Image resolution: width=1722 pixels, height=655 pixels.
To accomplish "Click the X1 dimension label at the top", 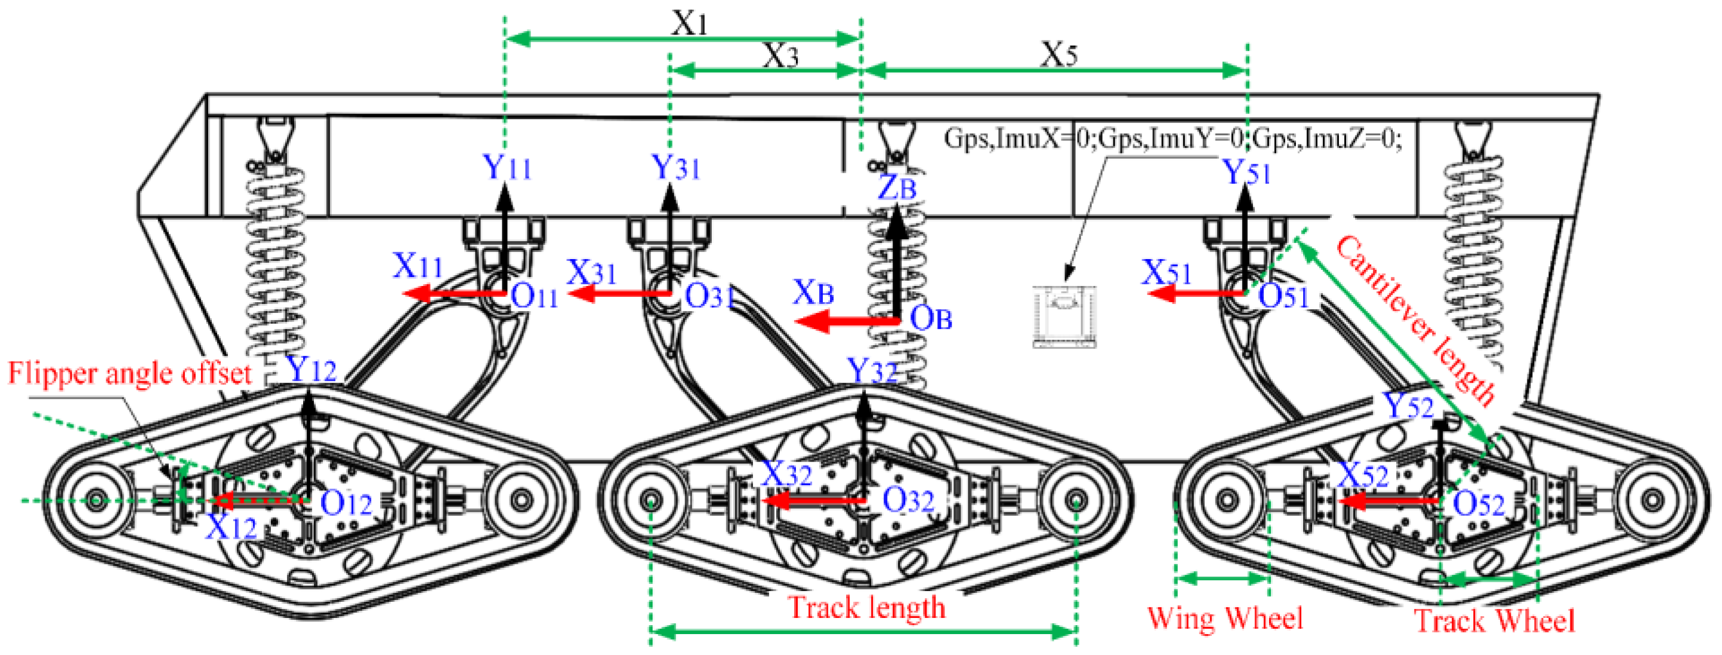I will (x=689, y=23).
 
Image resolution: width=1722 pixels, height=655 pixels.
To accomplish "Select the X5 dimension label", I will (x=1059, y=55).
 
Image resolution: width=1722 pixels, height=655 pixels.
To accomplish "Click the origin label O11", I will (x=534, y=296).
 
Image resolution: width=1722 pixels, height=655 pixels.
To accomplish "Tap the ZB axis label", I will (x=896, y=188).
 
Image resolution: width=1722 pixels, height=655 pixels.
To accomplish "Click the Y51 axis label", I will (x=1246, y=173).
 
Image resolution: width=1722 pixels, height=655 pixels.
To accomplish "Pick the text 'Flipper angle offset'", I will (x=129, y=373).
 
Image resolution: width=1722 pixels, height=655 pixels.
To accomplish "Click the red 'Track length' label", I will (x=867, y=607).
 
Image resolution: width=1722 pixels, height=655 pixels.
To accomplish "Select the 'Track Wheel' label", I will (x=1494, y=621).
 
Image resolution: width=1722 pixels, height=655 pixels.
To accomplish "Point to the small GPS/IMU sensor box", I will (x=1064, y=317).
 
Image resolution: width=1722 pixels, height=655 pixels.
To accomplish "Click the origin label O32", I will (x=908, y=500).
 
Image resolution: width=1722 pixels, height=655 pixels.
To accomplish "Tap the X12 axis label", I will (x=231, y=528).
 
